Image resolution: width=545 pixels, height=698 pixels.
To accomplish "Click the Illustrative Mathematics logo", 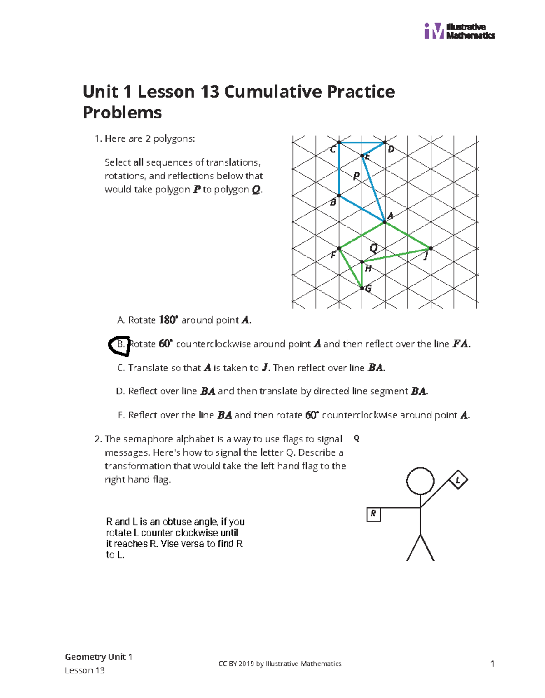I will pyautogui.click(x=459, y=31).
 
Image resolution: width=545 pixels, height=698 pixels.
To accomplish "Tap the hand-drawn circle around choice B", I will pyautogui.click(x=119, y=345).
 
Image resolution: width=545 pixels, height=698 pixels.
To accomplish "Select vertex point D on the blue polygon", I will pyautogui.click(x=385, y=143).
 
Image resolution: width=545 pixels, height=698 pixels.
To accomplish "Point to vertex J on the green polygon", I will pyautogui.click(x=431, y=248).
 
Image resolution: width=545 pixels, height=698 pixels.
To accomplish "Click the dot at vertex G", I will pyautogui.click(x=362, y=288).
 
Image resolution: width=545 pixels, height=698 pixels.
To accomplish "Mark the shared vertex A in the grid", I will pyautogui.click(x=385, y=221).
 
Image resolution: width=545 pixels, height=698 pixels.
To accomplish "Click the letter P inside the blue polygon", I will pyautogui.click(x=357, y=176).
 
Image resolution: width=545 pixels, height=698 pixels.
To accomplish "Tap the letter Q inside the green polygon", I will pyautogui.click(x=373, y=248).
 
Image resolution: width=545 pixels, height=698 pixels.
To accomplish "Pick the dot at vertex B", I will pyautogui.click(x=339, y=196).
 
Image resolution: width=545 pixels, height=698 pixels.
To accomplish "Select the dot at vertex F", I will pyautogui.click(x=339, y=248).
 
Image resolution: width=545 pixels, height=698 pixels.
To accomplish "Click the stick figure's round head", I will pyautogui.click(x=420, y=481).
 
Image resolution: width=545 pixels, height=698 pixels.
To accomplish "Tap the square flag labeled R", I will pyautogui.click(x=373, y=514).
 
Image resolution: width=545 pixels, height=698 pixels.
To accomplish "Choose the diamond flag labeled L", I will pyautogui.click(x=458, y=480).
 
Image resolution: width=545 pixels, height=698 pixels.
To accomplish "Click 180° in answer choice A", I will pyautogui.click(x=168, y=320).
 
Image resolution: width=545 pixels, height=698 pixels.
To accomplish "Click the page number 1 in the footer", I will pyautogui.click(x=492, y=664).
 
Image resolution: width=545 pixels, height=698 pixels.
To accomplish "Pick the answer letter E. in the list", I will pyautogui.click(x=121, y=415).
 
